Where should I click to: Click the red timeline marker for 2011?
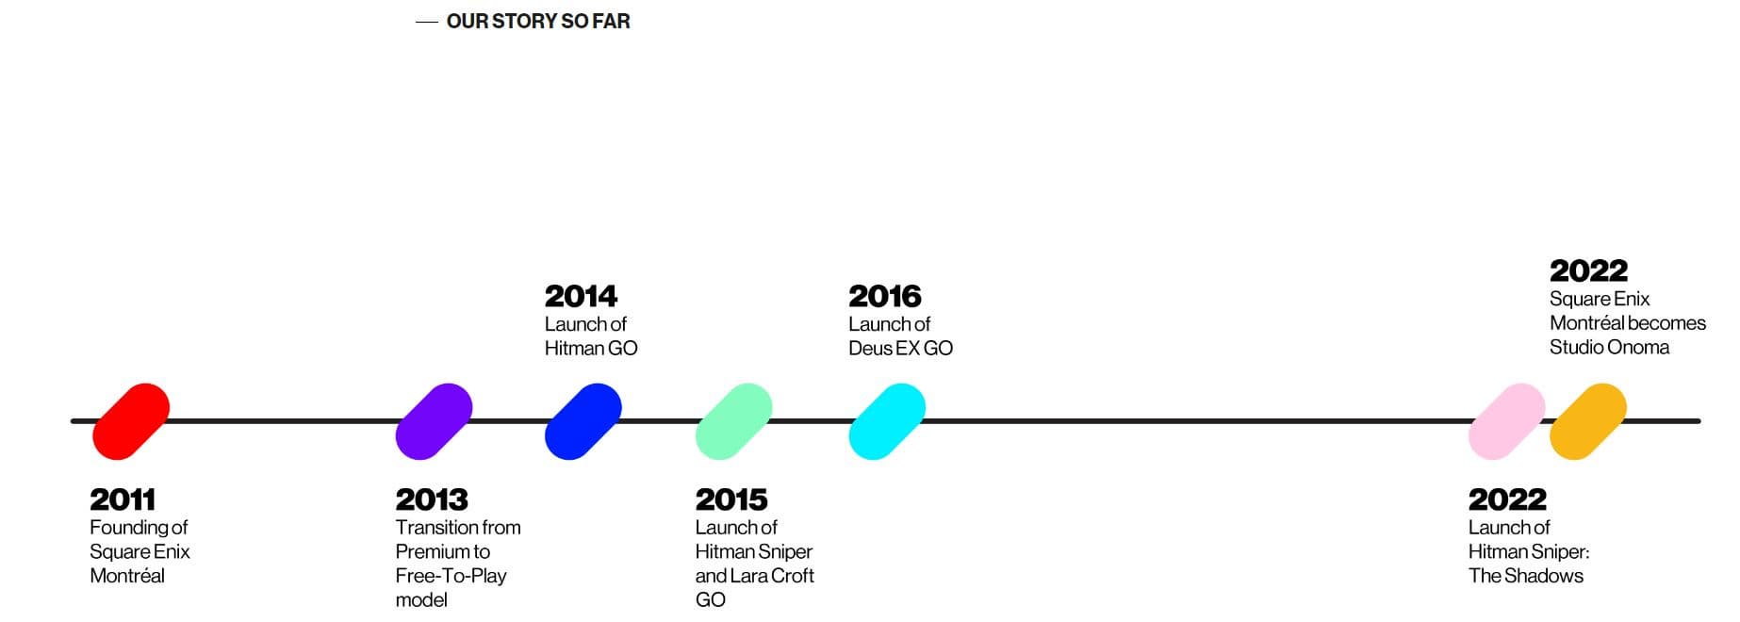131,421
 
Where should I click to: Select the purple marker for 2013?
434,421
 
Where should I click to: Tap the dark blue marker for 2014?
583,421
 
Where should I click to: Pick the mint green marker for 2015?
733,421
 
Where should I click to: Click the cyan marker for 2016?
887,421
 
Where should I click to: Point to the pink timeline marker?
1507,421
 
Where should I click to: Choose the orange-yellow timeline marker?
1588,421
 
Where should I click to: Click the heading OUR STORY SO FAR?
538,21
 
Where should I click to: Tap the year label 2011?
123,499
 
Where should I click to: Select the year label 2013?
432,499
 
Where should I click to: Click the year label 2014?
581,296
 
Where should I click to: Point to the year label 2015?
731,499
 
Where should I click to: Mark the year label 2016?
885,296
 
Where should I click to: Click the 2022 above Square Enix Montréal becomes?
1589,270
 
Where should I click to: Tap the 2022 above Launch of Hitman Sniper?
1508,499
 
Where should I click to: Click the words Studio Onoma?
1609,347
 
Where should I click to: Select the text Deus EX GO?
900,348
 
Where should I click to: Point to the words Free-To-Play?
451,576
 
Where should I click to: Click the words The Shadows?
1526,576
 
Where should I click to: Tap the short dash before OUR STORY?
427,22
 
